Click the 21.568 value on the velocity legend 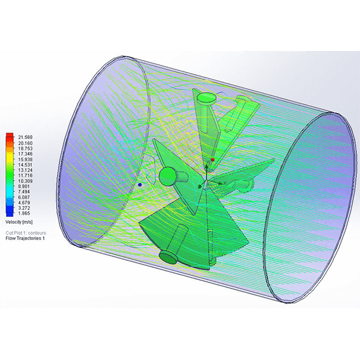point(25,137)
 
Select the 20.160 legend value point(25,143)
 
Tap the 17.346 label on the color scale point(25,154)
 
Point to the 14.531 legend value point(25,164)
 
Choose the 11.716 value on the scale point(25,175)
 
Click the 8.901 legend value point(24,186)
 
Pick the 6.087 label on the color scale point(24,197)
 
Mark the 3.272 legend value point(24,208)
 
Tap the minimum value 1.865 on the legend point(24,213)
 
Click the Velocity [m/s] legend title point(19,222)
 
